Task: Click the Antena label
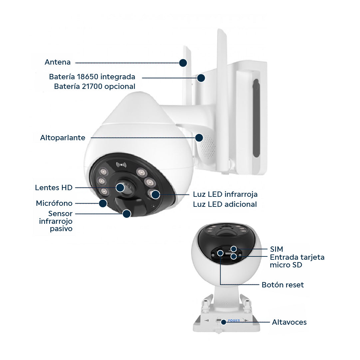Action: coord(57,62)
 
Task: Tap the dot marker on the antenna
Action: coord(183,63)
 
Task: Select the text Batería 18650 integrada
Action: coord(92,77)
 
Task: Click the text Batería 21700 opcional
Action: coord(95,87)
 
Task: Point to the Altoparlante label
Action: coord(63,138)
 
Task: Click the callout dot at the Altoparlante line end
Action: coord(199,138)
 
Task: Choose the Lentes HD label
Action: coord(54,187)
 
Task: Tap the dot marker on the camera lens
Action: coord(120,187)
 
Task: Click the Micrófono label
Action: coord(54,203)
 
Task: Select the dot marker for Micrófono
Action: coord(103,203)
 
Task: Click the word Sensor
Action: coord(60,213)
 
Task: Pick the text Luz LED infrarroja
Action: coord(225,194)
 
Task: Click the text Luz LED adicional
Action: coord(225,204)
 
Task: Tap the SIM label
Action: coord(276,249)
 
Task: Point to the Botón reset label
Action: coord(283,285)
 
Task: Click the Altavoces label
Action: coord(289,322)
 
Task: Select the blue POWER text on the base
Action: coord(234,320)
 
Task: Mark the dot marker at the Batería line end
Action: coord(201,78)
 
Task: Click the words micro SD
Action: coord(286,265)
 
